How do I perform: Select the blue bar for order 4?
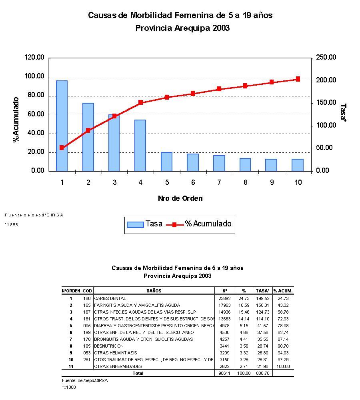pyautogui.click(x=140, y=145)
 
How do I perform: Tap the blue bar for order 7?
pyautogui.click(x=219, y=163)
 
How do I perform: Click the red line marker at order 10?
pyautogui.click(x=298, y=79)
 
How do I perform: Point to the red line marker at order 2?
pyautogui.click(x=88, y=130)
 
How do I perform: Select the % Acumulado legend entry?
pyautogui.click(x=202, y=224)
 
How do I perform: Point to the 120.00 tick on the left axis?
pyautogui.click(x=34, y=58)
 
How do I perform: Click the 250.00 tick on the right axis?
pyautogui.click(x=326, y=58)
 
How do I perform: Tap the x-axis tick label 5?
pyautogui.click(x=166, y=182)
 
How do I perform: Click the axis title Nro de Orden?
pyautogui.click(x=180, y=198)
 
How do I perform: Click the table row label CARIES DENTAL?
pyautogui.click(x=110, y=298)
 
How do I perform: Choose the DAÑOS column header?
pyautogui.click(x=154, y=291)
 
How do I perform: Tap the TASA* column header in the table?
pyautogui.click(x=262, y=291)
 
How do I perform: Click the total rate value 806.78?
pyautogui.click(x=262, y=373)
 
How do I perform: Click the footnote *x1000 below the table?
pyautogui.click(x=69, y=387)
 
